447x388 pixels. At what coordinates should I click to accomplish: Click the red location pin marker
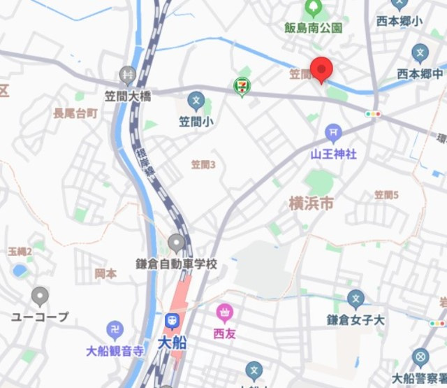[x=321, y=70]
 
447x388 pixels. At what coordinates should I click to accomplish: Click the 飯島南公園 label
[x=314, y=28]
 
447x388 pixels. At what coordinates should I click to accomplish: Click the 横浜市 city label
[x=312, y=203]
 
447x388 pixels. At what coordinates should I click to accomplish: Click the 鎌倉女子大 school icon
[x=356, y=300]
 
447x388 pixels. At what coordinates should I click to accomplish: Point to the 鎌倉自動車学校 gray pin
[x=176, y=243]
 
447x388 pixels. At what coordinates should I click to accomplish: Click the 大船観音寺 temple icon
[x=115, y=330]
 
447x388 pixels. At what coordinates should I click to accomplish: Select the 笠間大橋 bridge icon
[x=127, y=73]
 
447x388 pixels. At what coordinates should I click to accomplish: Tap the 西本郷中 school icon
[x=420, y=52]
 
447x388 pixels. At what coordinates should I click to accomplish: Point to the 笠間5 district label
[x=386, y=195]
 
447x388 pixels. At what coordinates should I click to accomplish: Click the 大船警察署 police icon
[x=420, y=358]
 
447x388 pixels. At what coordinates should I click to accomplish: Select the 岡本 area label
[x=105, y=273]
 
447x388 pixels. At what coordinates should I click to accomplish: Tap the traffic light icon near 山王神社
[x=373, y=114]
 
